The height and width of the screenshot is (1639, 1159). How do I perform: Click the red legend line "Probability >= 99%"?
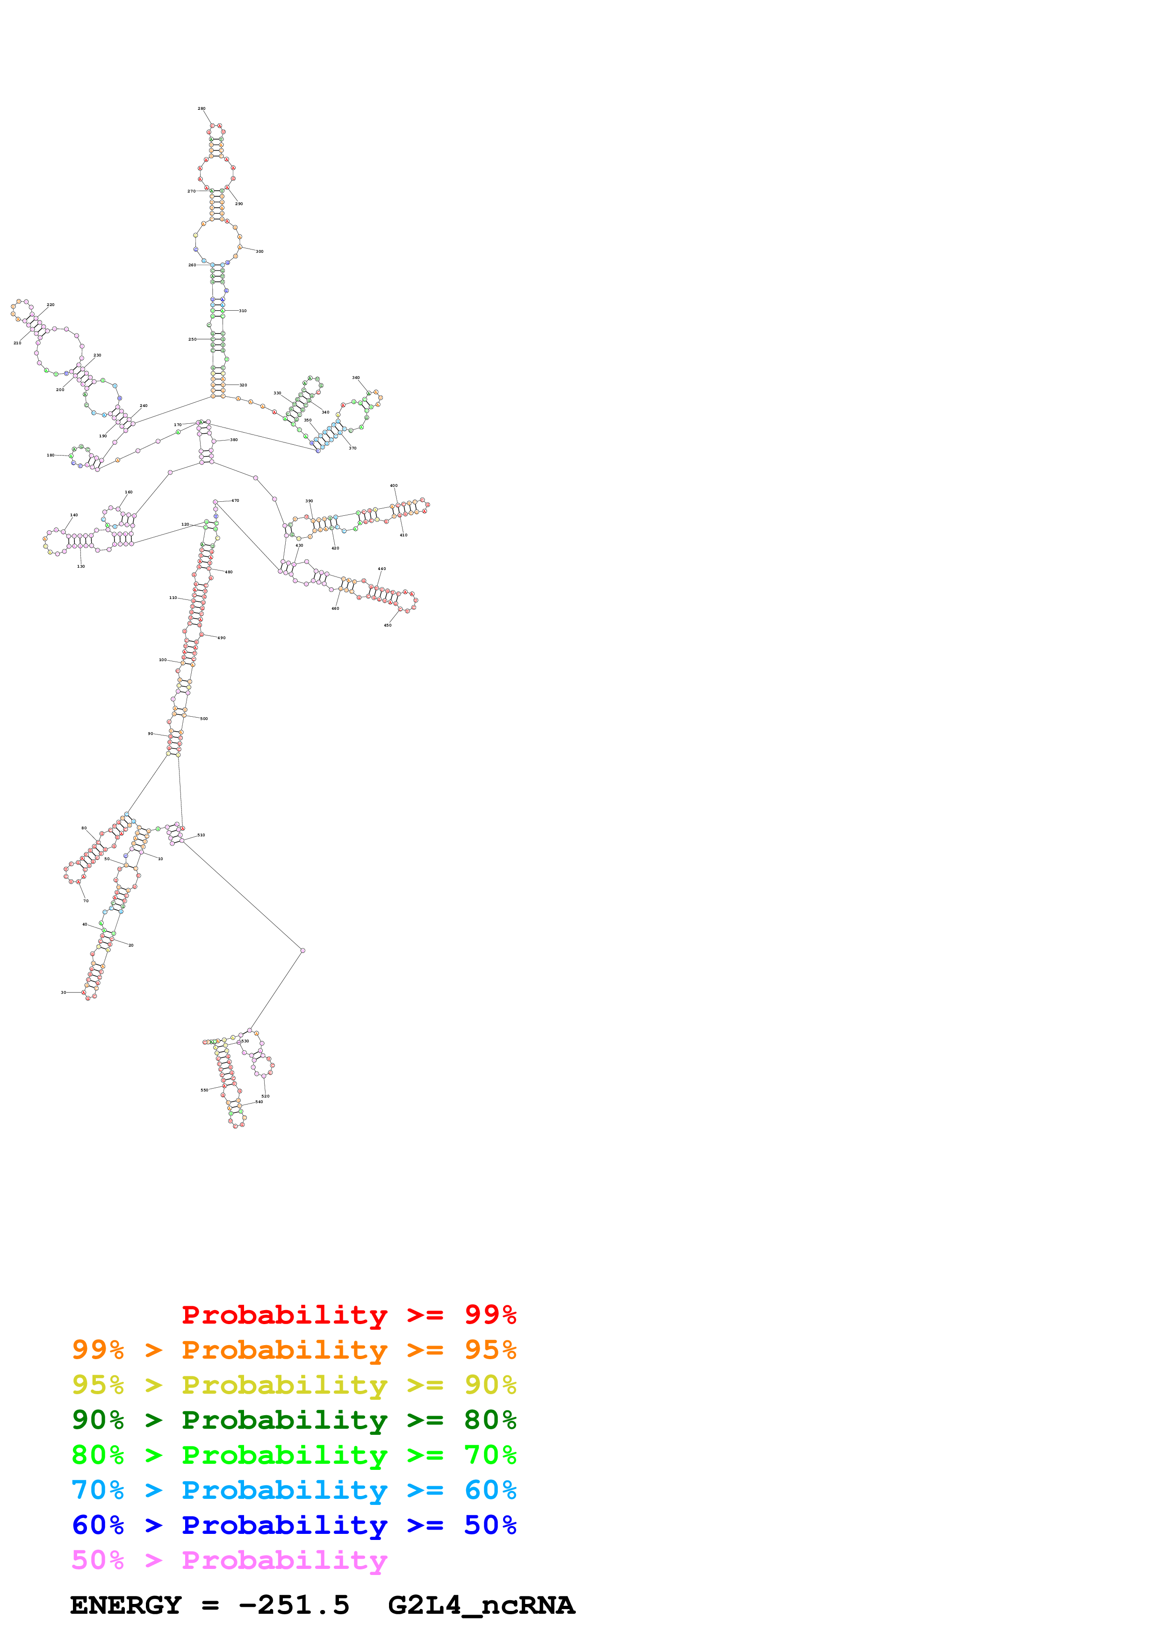tap(348, 1314)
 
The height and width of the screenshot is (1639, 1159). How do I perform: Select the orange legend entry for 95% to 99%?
tap(294, 1350)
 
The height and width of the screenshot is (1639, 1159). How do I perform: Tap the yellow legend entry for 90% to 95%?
tap(294, 1385)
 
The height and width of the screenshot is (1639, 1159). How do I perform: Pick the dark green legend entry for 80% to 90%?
tap(294, 1420)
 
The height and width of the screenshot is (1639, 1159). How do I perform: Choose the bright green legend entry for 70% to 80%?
tap(294, 1455)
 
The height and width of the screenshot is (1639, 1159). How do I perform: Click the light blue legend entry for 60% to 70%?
tap(294, 1490)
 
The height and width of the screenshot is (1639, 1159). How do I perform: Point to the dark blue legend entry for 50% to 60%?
tap(294, 1525)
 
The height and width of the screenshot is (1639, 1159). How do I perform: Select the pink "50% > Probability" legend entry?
tap(229, 1560)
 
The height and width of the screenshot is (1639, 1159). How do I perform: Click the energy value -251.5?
tap(294, 1605)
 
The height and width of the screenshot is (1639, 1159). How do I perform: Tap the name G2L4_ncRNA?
tap(481, 1605)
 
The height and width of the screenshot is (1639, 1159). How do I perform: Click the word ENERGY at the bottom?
tap(126, 1605)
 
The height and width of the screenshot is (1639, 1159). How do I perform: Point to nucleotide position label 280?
tap(202, 108)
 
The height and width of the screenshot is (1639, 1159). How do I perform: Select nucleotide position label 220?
tap(50, 305)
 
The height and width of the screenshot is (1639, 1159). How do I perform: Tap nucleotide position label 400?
tap(394, 485)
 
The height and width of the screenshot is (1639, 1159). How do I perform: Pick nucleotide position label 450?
tap(388, 625)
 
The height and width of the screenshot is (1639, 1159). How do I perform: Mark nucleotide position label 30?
tap(63, 992)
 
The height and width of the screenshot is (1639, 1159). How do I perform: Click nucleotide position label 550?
tap(204, 1090)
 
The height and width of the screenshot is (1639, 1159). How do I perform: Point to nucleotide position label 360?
tap(356, 378)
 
